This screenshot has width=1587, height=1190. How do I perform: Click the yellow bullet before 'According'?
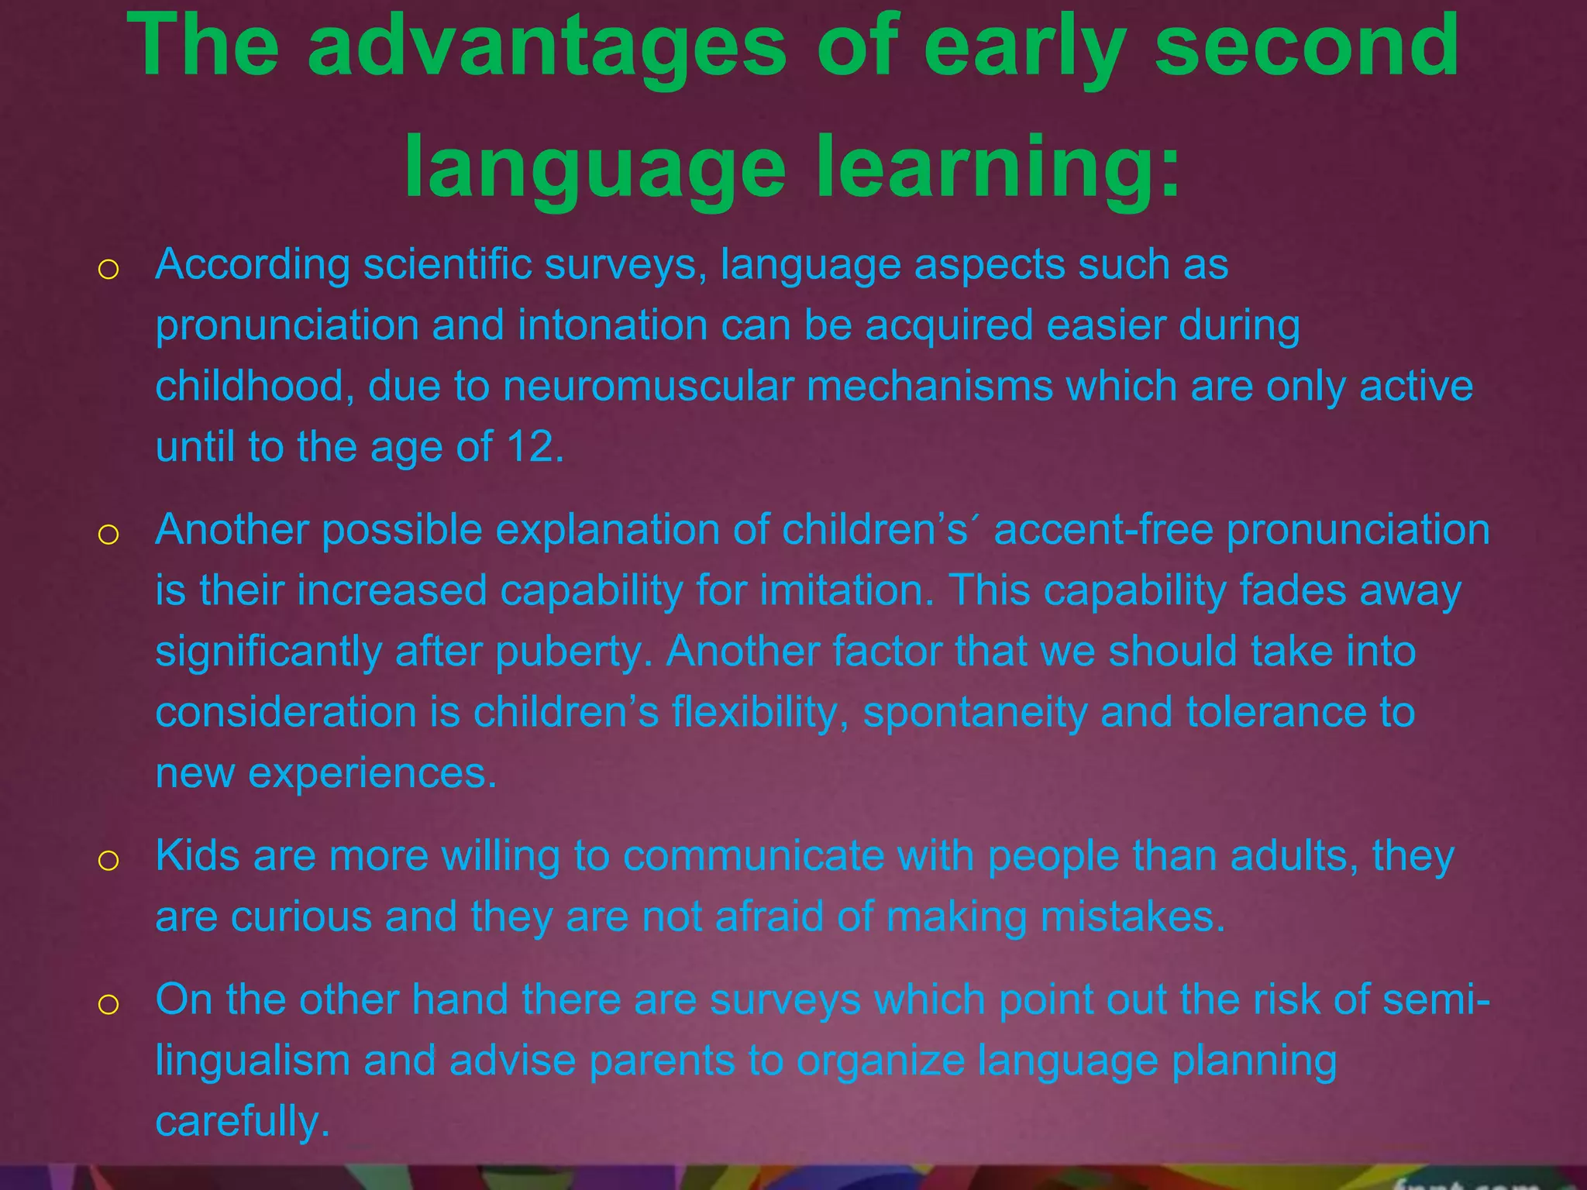108,270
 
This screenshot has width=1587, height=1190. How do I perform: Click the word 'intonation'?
612,325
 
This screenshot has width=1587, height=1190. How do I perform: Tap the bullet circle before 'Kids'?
108,861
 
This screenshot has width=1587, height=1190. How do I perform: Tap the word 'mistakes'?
1128,917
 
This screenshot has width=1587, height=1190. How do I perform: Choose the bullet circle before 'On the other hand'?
108,1005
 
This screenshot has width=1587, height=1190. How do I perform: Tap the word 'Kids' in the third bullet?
197,856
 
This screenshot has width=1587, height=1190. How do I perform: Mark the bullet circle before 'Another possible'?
108,535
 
